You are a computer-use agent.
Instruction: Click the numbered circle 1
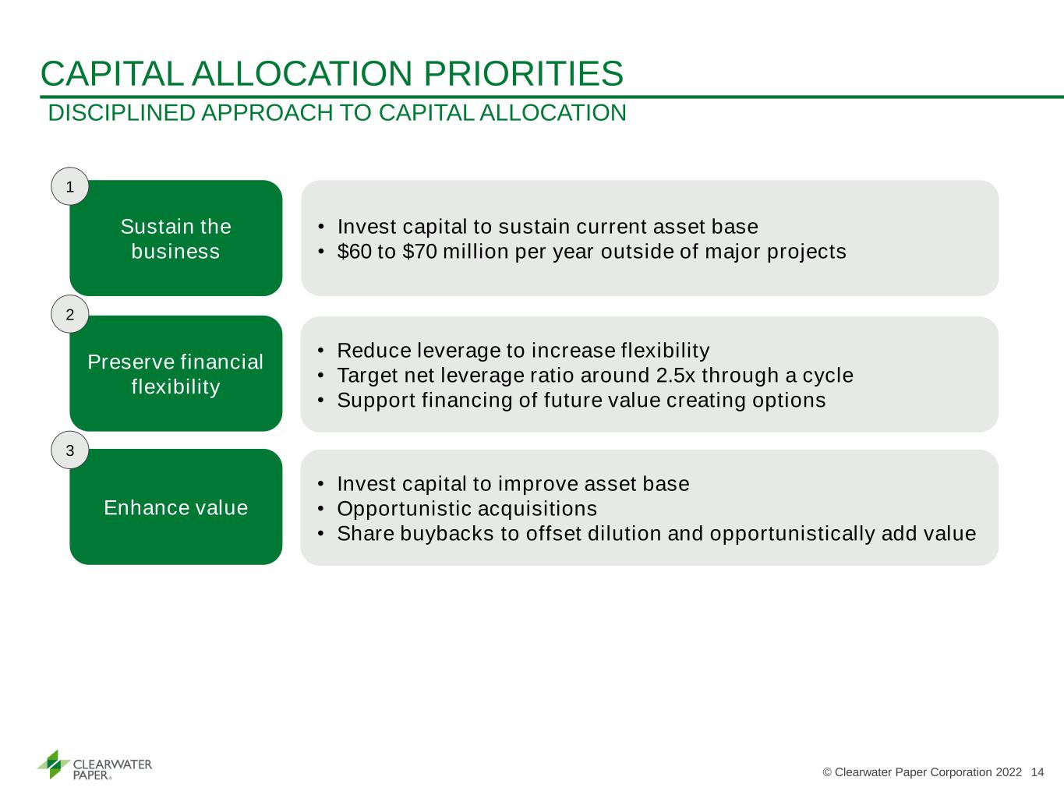pos(70,186)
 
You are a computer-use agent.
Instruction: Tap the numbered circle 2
pos(70,314)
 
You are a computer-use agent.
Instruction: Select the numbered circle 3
pos(70,450)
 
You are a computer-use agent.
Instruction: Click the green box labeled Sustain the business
pos(176,238)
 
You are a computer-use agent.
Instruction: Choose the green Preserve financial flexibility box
pos(176,373)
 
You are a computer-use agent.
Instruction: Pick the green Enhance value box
pos(176,507)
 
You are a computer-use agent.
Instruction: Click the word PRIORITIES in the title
pos(524,74)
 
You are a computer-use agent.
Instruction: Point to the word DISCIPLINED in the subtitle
pos(122,113)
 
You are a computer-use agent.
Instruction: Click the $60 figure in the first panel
pos(355,252)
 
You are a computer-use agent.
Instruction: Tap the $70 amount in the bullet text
pos(420,252)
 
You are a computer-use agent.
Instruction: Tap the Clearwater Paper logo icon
pos(53,764)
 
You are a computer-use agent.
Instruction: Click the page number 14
pos(1037,772)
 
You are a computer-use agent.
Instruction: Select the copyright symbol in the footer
pos(827,772)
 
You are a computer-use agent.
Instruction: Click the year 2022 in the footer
pos(1009,772)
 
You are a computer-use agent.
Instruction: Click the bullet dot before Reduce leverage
pos(320,351)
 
